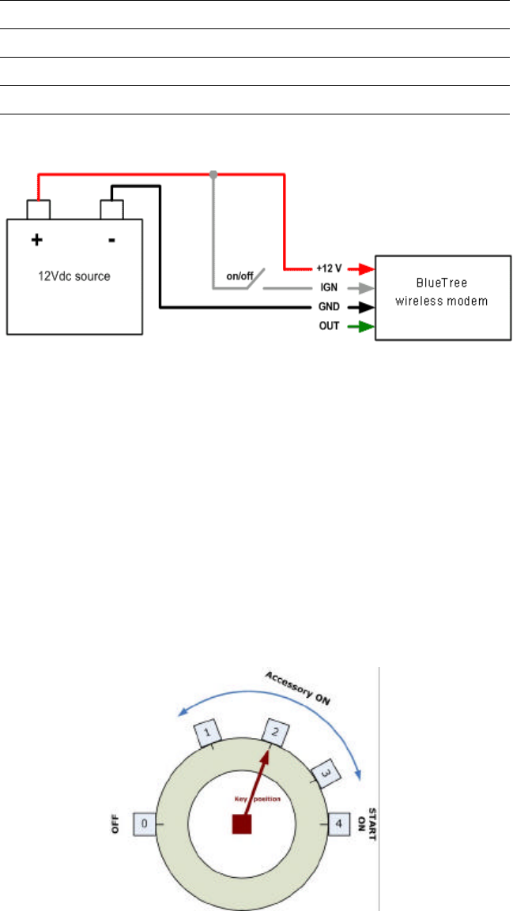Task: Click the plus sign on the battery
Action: (x=37, y=240)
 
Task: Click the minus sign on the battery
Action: (x=111, y=239)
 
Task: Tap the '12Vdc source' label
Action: (x=75, y=277)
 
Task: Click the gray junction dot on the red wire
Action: (x=213, y=173)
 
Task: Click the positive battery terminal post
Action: (x=38, y=209)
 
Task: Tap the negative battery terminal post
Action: (x=112, y=209)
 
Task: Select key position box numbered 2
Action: (x=274, y=731)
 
